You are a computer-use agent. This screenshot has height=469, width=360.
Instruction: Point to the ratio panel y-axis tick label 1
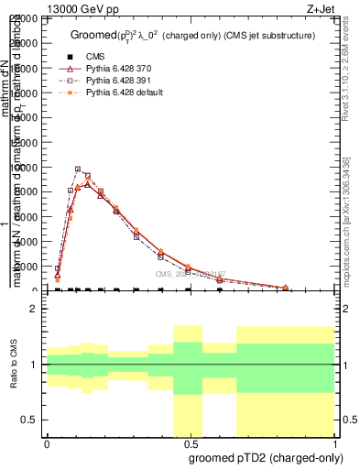coord(33,365)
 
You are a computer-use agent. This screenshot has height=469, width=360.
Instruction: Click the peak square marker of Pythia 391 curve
coord(78,169)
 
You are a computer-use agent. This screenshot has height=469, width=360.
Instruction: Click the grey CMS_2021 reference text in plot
coord(188,273)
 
